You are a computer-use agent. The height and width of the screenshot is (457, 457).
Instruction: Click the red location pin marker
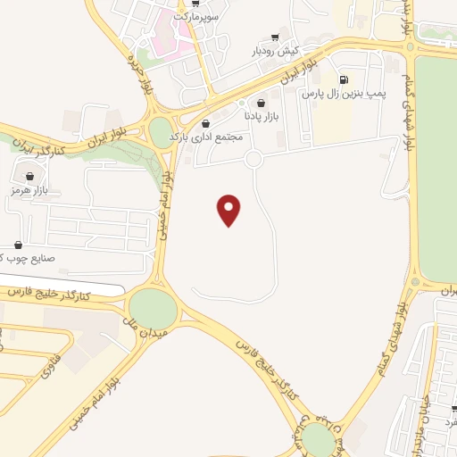click(229, 209)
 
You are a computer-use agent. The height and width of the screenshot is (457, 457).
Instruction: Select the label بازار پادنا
click(262, 116)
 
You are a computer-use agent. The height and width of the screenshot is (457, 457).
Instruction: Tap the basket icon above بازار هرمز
click(32, 176)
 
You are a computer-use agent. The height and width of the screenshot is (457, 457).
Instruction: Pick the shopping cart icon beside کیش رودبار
click(275, 37)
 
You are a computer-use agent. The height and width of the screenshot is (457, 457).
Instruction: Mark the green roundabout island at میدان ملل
click(154, 309)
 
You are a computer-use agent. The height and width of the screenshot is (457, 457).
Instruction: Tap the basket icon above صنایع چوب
click(19, 245)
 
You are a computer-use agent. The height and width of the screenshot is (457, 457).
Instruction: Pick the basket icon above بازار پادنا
click(262, 103)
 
